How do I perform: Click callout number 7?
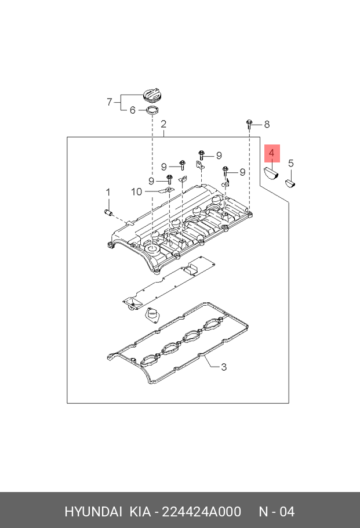(110, 102)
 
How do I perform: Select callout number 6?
(132, 110)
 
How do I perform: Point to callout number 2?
(164, 124)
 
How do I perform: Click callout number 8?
(267, 124)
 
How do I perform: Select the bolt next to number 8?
(249, 122)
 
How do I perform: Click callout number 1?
(107, 192)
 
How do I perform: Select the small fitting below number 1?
(107, 212)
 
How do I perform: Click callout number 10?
(136, 191)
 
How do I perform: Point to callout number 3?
(223, 367)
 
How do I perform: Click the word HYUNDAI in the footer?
(93, 512)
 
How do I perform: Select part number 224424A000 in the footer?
(202, 512)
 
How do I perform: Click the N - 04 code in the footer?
(277, 512)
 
